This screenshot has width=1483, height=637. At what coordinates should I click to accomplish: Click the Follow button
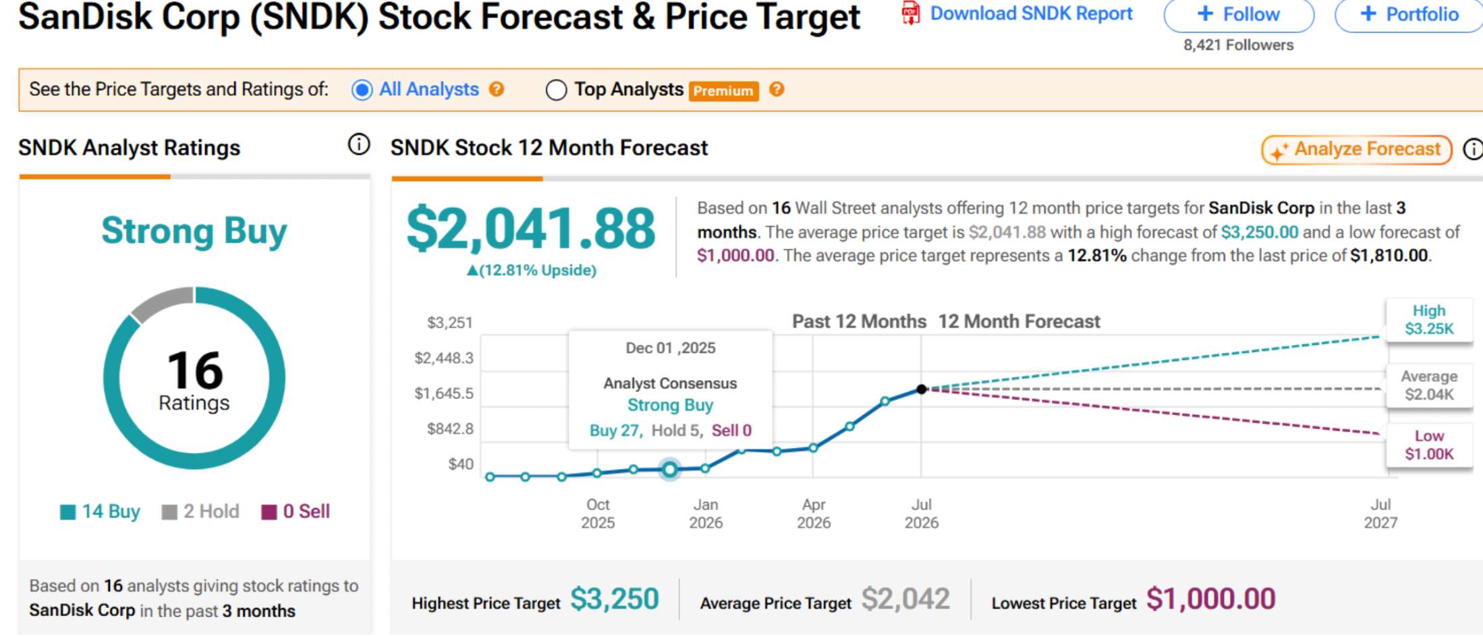(x=1239, y=14)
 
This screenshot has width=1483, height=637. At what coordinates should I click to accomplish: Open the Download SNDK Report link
(x=1017, y=13)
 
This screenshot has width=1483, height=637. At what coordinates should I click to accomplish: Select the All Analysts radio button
(x=362, y=90)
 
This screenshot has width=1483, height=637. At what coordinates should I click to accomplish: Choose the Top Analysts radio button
(x=556, y=90)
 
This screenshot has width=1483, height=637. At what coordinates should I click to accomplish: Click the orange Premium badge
(x=723, y=91)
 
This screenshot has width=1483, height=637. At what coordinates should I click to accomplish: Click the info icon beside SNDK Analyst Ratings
(x=359, y=144)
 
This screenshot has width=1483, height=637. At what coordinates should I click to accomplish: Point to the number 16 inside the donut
(x=194, y=370)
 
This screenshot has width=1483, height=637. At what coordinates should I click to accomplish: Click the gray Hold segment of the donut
(x=162, y=302)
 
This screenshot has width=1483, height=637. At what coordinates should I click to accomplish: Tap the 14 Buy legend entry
(x=100, y=511)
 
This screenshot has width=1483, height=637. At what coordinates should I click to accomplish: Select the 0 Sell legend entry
(x=296, y=511)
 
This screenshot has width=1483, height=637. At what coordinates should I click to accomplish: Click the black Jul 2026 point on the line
(x=922, y=389)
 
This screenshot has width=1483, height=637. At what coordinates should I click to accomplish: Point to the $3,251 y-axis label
(x=450, y=323)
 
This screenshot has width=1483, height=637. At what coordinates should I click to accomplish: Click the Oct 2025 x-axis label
(x=598, y=514)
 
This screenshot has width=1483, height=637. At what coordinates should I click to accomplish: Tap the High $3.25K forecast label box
(x=1429, y=320)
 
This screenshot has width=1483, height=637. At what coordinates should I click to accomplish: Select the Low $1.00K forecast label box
(x=1429, y=445)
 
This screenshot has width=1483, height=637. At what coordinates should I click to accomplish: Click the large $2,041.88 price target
(x=530, y=229)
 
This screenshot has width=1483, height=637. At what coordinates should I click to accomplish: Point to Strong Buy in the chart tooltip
(x=670, y=405)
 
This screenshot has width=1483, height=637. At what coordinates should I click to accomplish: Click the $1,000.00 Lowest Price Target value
(x=1211, y=599)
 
